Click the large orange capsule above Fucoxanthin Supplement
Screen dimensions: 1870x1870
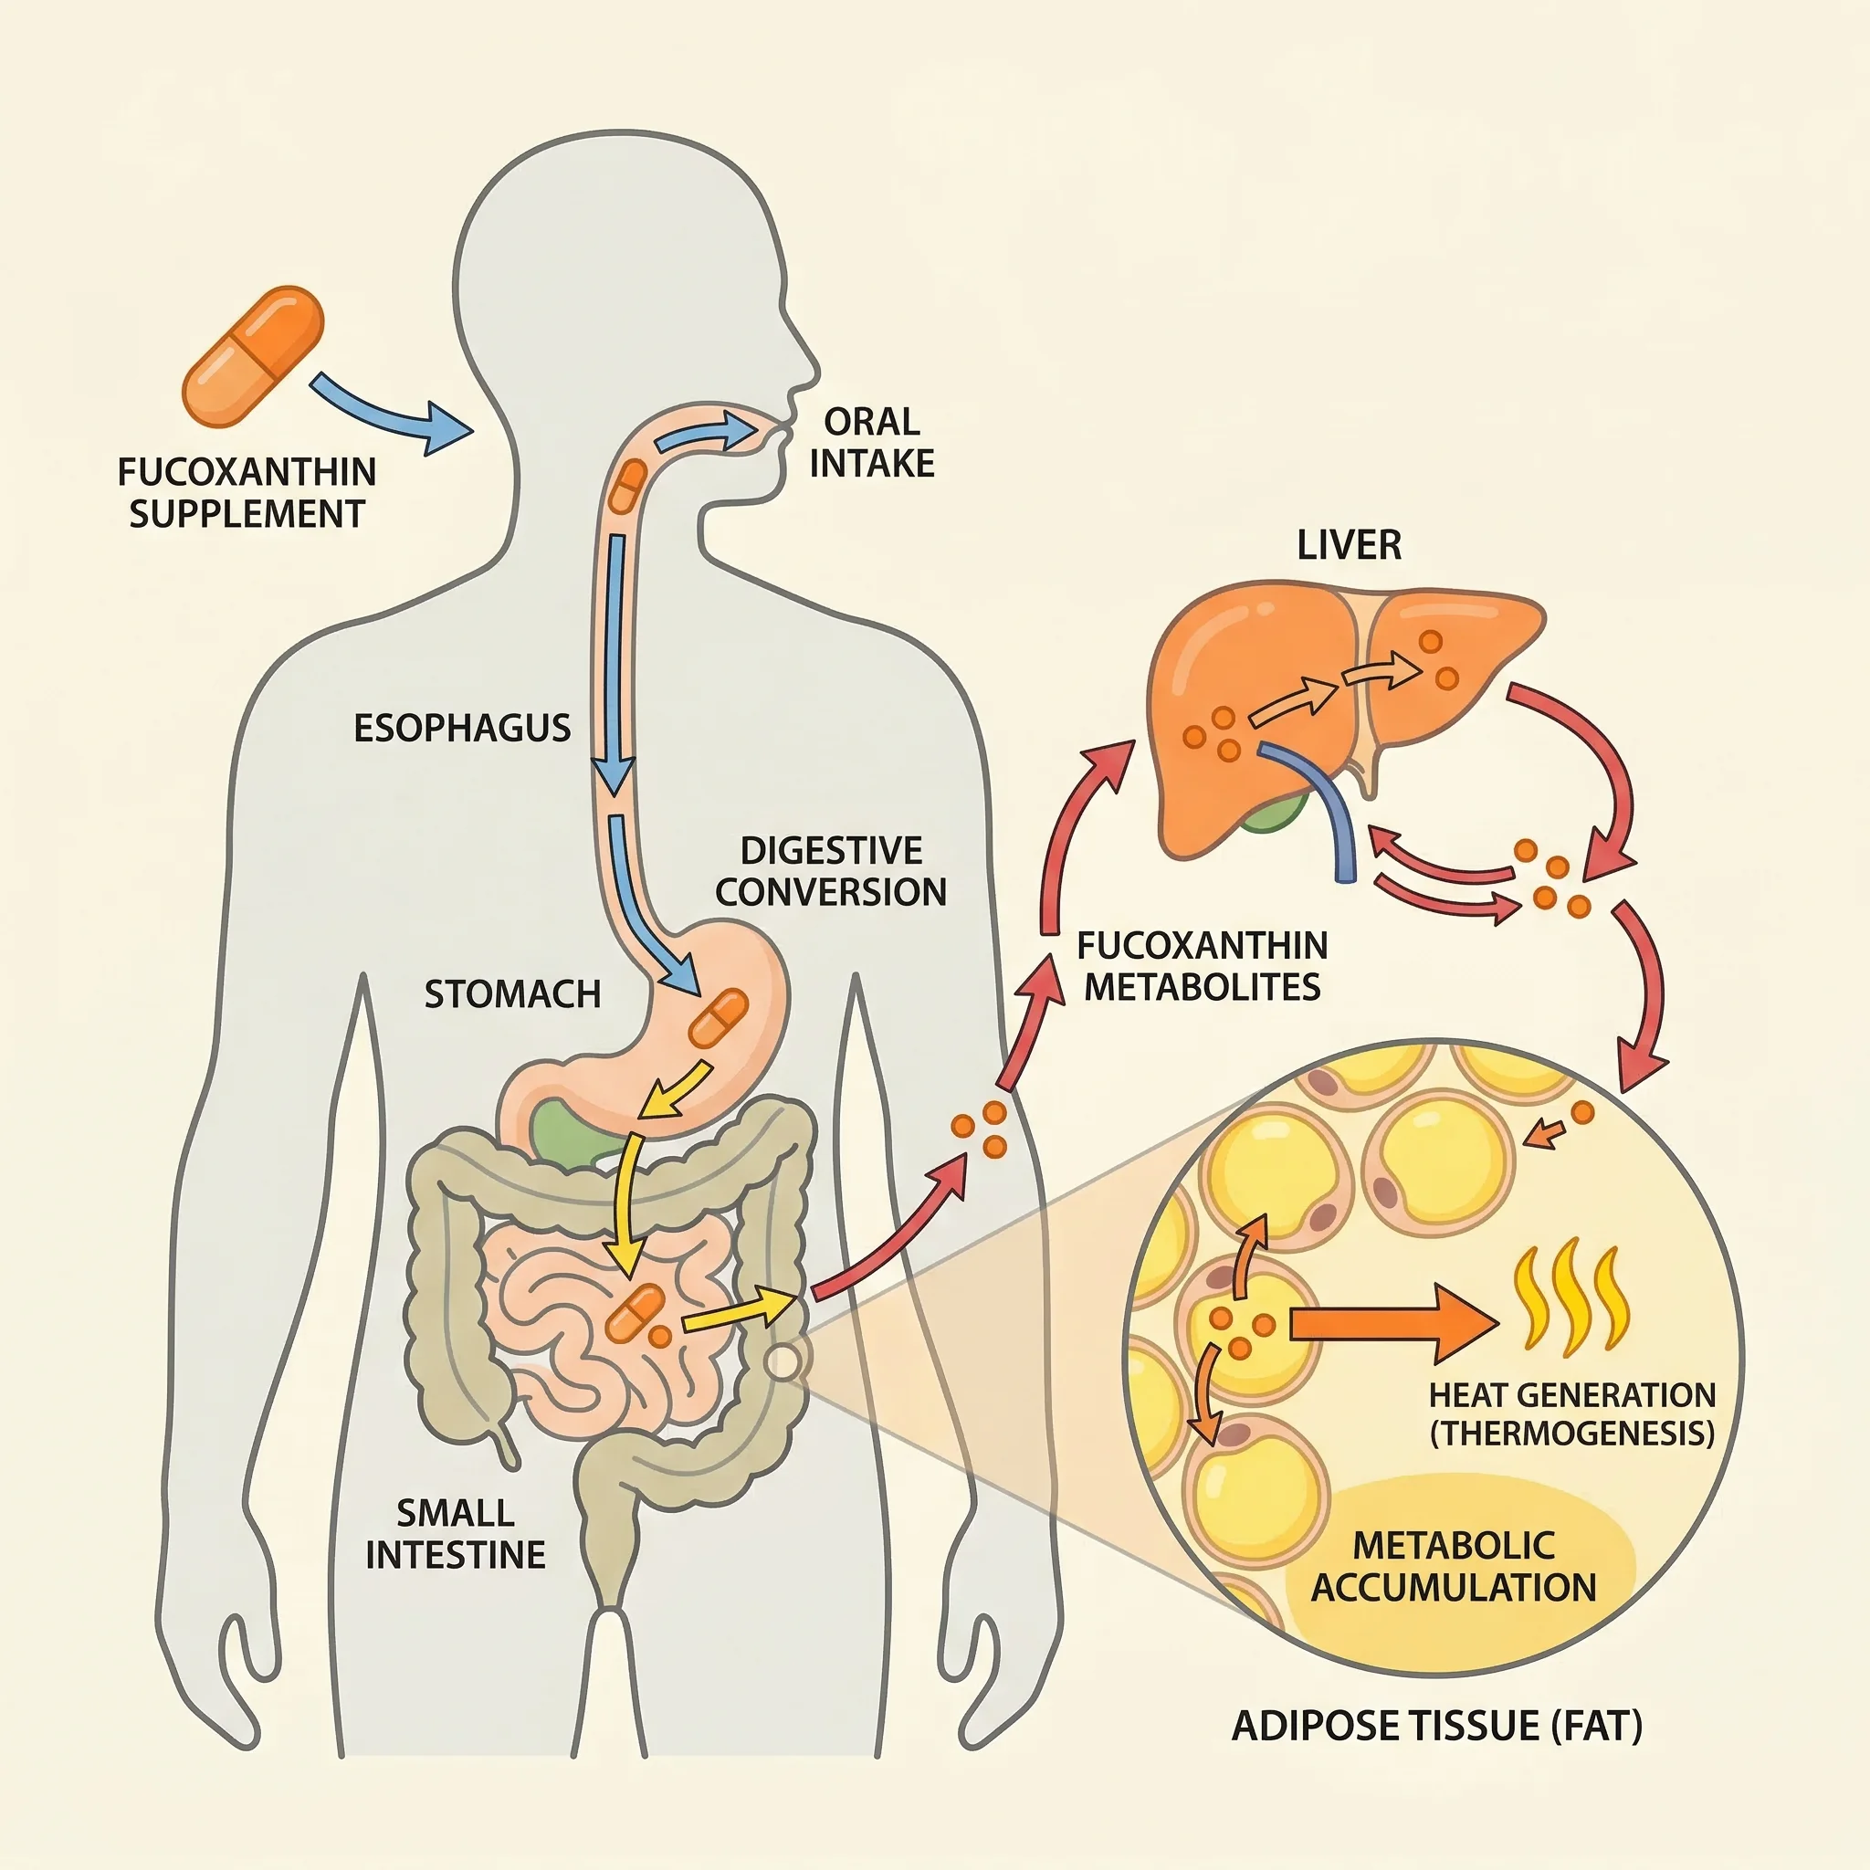tap(253, 356)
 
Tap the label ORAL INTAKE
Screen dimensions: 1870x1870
tap(872, 442)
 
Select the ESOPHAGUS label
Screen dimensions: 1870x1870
tap(462, 728)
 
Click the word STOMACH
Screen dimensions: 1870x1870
tap(512, 994)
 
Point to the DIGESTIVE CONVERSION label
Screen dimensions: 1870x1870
tap(831, 871)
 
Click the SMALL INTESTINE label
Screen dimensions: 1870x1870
tap(455, 1533)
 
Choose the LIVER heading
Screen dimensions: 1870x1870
tap(1349, 545)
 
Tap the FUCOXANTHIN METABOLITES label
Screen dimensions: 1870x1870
tap(1203, 966)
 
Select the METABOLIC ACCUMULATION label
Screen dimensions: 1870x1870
tap(1453, 1566)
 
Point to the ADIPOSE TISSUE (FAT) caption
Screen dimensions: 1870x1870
tap(1436, 1725)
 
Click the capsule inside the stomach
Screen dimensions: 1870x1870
tap(719, 1017)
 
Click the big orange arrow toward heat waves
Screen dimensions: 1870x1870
tap(1393, 1323)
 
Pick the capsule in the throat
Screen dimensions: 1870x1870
tap(628, 486)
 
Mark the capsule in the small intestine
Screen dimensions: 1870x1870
tap(635, 1312)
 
